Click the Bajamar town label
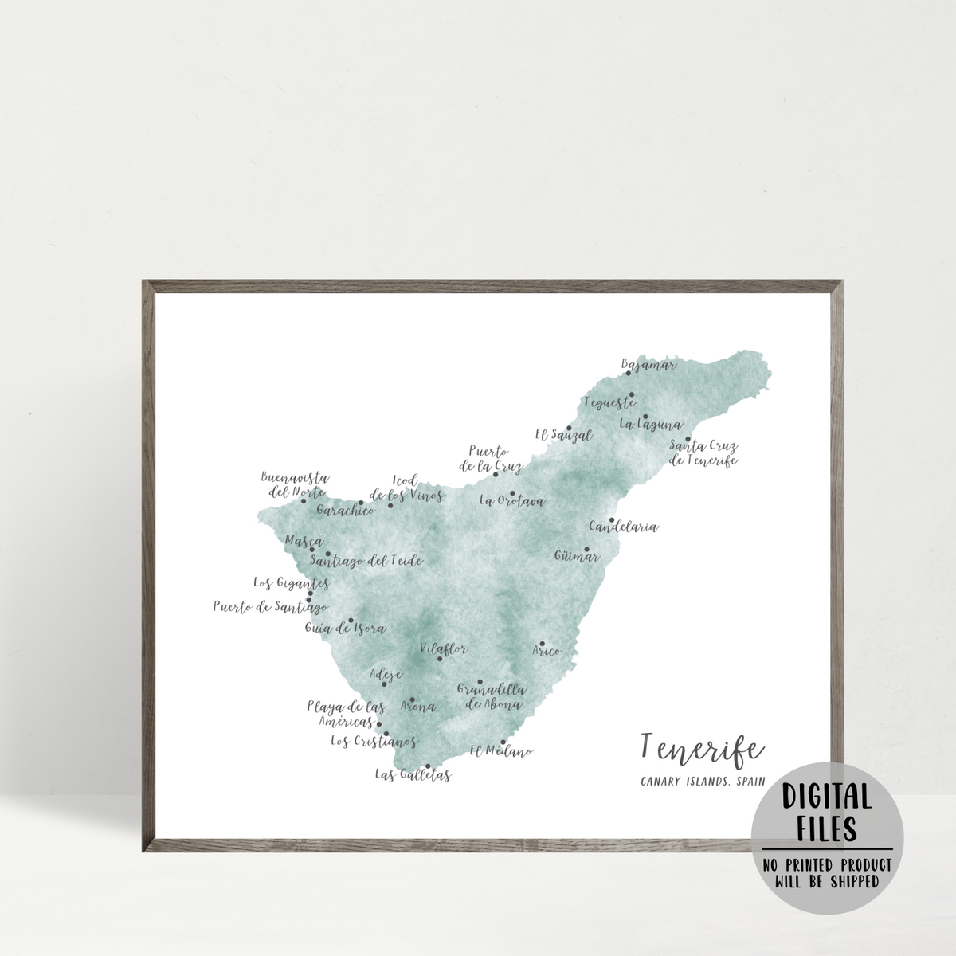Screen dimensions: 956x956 [x=649, y=366]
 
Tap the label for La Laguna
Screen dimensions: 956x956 [x=650, y=425]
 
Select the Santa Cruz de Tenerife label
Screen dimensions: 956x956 [x=703, y=453]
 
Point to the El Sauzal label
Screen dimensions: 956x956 [x=563, y=435]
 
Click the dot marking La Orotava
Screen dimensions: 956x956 [x=513, y=493]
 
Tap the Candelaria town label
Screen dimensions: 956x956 [x=624, y=527]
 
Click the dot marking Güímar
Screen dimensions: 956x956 [x=586, y=549]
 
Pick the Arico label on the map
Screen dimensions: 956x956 [x=547, y=652]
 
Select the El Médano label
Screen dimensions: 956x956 [x=500, y=751]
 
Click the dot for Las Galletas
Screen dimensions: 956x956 [x=428, y=766]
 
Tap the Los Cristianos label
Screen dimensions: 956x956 [x=374, y=742]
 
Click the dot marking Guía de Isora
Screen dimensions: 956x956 [x=351, y=620]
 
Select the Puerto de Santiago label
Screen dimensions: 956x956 [x=270, y=607]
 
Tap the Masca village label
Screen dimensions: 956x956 [x=303, y=541]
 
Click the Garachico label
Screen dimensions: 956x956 [x=345, y=510]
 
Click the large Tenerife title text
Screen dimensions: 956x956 [x=700, y=748]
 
